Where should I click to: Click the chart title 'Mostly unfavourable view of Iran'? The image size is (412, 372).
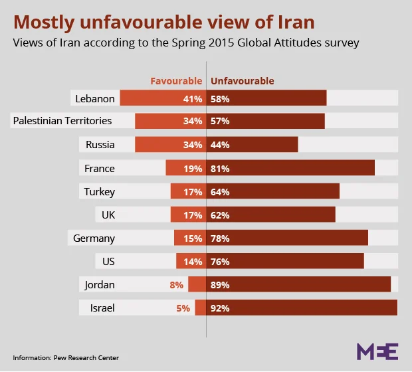(164, 22)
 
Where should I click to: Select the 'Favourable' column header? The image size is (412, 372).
(176, 81)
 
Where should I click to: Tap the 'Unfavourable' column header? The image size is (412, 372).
(243, 81)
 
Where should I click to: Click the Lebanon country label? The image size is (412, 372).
(95, 98)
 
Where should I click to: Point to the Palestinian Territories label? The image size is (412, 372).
(62, 121)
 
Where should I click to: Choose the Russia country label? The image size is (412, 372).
(100, 145)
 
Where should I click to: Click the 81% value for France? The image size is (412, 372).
(220, 169)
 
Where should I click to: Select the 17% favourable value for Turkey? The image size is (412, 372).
(193, 192)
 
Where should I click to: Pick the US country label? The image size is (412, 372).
(108, 262)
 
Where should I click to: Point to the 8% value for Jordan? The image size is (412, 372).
(176, 285)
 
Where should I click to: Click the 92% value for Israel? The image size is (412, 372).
(220, 308)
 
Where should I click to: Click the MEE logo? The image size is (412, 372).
(377, 351)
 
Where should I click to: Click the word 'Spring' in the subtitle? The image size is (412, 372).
(179, 43)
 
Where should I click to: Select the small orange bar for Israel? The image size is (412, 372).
(200, 308)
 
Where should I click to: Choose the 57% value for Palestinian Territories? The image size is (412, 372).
(220, 122)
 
